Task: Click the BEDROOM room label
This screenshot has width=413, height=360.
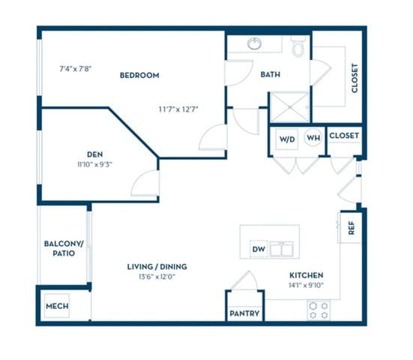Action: coord(139,75)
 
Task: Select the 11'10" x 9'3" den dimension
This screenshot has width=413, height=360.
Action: coord(94,163)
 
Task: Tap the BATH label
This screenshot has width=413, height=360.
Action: coord(270,75)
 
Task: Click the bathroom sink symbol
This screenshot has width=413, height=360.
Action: coord(254,43)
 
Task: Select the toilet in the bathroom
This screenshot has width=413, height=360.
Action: coord(298,48)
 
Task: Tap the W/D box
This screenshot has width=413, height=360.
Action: coord(288,139)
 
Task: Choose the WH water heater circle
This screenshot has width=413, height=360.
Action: coord(313,139)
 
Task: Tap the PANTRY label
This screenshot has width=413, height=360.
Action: coord(244,313)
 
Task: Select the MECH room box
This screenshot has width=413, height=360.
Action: coord(57,307)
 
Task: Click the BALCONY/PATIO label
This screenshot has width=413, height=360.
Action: coord(59,248)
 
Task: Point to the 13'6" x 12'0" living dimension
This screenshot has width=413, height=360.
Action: coord(157,277)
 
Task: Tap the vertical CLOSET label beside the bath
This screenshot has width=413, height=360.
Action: coord(355,77)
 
